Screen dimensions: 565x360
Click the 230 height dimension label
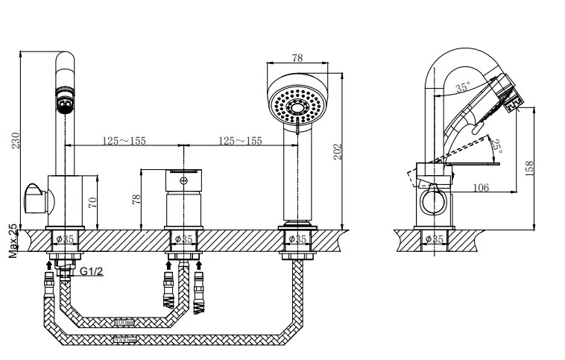point(16,140)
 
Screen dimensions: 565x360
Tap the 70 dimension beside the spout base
point(92,202)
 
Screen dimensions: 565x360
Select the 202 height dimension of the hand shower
point(336,152)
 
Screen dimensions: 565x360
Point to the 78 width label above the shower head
point(297,57)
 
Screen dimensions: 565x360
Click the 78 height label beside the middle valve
point(137,199)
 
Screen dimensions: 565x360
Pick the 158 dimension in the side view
point(528,168)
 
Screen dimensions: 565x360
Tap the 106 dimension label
point(481,187)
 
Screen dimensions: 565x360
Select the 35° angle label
point(463,87)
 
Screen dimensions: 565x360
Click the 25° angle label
point(496,146)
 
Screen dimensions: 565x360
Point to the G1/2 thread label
point(91,271)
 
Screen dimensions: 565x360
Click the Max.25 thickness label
point(13,241)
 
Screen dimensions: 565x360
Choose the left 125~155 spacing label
point(124,141)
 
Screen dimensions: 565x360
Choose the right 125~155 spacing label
point(240,141)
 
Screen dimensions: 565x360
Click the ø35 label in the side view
point(434,239)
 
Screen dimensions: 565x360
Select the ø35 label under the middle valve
point(183,239)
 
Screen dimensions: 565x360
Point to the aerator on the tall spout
point(65,99)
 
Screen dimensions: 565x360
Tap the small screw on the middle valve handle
point(184,180)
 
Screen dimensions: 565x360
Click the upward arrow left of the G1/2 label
point(49,266)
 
